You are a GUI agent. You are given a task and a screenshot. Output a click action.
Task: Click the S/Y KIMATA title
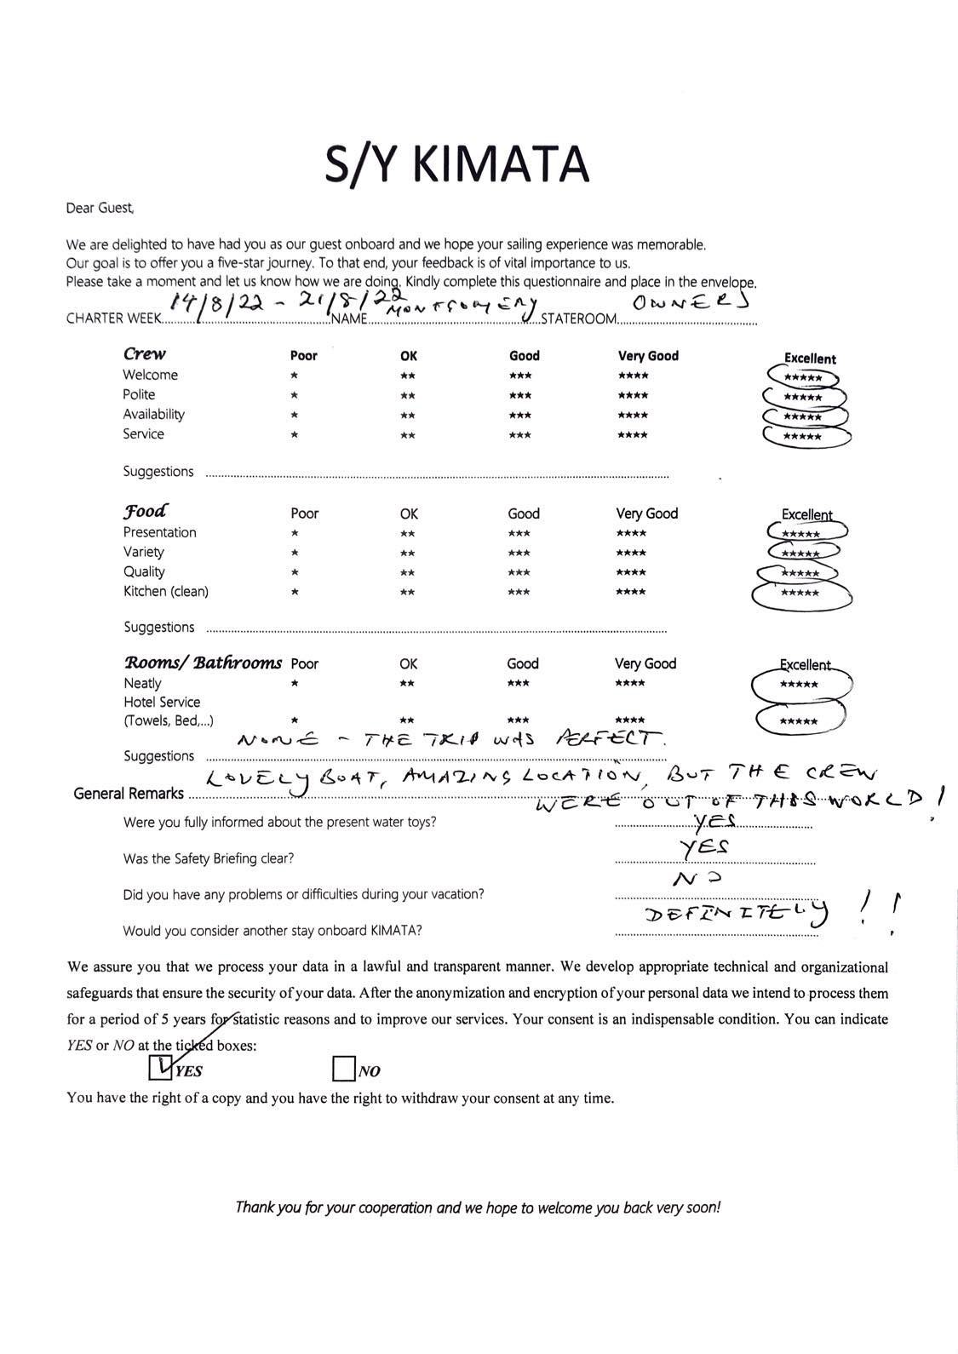[456, 164]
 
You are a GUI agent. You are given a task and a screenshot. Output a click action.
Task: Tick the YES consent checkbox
[160, 1067]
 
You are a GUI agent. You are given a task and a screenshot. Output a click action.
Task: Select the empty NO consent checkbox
[343, 1068]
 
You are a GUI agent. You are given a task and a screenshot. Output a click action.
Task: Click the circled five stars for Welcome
[803, 377]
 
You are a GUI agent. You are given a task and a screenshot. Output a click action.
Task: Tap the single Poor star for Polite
[294, 396]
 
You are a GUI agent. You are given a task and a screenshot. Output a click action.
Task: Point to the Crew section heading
[145, 353]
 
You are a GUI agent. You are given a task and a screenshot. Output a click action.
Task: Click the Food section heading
[145, 511]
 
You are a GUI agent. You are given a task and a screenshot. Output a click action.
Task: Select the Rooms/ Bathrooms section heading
[203, 663]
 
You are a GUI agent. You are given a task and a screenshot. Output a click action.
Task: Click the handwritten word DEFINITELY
[737, 915]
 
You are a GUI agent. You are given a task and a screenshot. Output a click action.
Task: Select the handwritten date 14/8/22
[204, 302]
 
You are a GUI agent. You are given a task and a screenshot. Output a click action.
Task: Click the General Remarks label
[129, 794]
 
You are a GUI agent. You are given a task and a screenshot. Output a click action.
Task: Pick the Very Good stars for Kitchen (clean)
[632, 593]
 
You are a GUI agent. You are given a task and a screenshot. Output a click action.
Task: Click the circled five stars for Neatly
[800, 685]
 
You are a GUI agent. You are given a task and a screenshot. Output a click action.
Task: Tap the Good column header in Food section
[524, 513]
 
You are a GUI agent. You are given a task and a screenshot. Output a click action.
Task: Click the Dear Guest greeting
[100, 208]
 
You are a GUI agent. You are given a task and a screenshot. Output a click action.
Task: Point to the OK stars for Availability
[408, 416]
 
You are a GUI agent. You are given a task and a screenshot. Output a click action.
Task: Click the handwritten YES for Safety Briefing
[707, 846]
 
